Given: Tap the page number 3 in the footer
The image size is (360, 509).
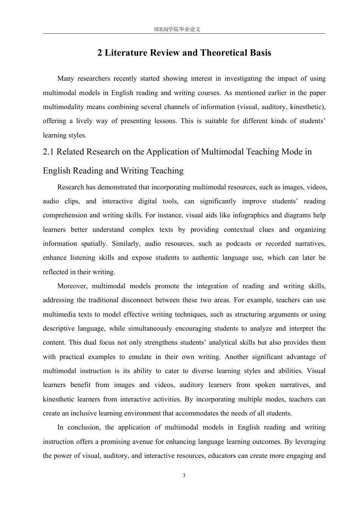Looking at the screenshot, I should coord(184,476).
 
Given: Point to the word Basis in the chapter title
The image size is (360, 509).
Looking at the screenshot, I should coord(261,53).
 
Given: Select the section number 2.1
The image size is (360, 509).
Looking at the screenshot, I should coord(49,152).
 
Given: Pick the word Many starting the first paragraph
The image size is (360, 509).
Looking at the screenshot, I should coord(66,79).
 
